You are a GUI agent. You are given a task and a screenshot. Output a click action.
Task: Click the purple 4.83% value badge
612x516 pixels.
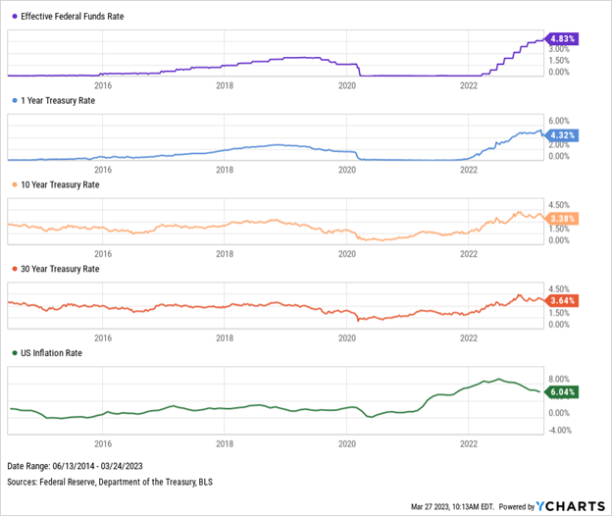point(566,39)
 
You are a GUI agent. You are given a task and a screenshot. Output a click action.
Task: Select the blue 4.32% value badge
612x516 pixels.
point(566,133)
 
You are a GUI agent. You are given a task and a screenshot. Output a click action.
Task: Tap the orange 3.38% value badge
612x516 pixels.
point(566,218)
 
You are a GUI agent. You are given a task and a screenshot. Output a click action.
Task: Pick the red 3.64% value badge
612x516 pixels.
point(566,300)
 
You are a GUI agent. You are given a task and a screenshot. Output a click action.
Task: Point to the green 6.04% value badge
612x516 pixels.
point(566,391)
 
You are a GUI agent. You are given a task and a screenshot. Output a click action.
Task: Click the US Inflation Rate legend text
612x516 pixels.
point(54,352)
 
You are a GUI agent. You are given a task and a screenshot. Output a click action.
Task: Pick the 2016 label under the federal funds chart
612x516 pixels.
point(101,85)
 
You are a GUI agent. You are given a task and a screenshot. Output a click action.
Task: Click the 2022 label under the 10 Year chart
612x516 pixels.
point(469,252)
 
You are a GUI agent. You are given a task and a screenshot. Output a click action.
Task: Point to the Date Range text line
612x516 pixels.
point(72,463)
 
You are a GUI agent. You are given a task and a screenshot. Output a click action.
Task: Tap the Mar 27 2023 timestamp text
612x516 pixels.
point(427,507)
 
